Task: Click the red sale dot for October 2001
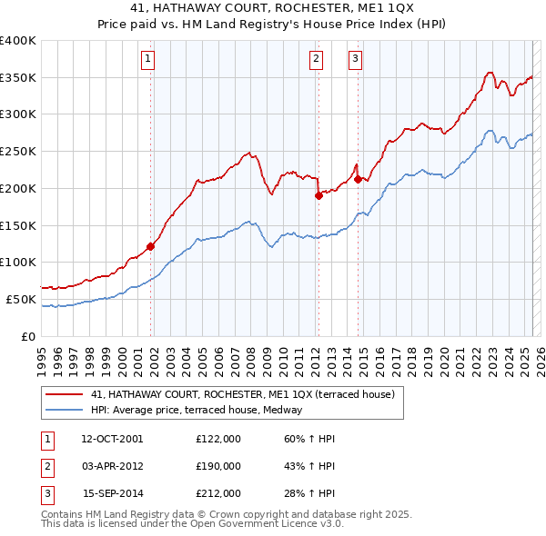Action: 150,246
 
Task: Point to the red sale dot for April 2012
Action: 318,195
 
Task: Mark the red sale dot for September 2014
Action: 358,179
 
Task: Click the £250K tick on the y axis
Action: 18,152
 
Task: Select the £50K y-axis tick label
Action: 21,299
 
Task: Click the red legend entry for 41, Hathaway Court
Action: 242,394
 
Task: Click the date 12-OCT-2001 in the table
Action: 112,439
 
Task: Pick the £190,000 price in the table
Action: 217,466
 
